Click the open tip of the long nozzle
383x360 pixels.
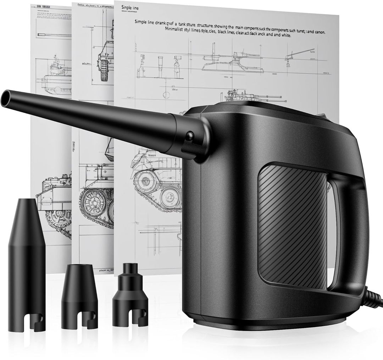(x=6, y=99)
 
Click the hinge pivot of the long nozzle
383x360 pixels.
(x=190, y=136)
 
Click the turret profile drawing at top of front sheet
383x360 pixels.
(x=232, y=62)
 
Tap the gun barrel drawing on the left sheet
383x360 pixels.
(x=50, y=34)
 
